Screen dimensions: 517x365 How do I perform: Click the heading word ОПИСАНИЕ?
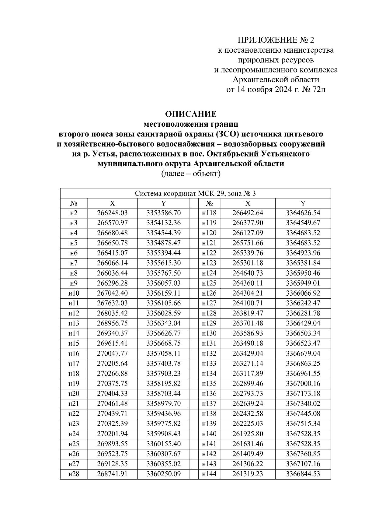[x=191, y=114]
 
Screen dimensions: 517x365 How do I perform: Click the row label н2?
[x=74, y=213]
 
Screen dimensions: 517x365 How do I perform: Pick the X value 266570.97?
[x=112, y=223]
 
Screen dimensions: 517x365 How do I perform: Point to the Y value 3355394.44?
[x=164, y=253]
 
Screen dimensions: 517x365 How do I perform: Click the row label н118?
[x=209, y=213]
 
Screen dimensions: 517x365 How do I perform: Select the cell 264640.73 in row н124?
[x=248, y=273]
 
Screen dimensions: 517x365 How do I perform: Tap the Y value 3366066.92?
[x=303, y=293]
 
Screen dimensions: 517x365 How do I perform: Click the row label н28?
[x=74, y=474]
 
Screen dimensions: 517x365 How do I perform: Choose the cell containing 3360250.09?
[x=164, y=474]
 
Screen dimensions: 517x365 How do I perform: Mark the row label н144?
[x=209, y=474]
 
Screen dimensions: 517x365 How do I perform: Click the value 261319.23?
[x=248, y=474]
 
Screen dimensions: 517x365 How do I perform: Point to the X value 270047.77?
[x=112, y=353]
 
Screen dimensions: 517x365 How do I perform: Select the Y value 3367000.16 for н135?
[x=303, y=384]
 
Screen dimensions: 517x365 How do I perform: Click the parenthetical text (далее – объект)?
[x=190, y=174]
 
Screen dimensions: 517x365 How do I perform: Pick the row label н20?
[x=74, y=394]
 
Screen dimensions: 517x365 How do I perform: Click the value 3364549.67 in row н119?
[x=303, y=223]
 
